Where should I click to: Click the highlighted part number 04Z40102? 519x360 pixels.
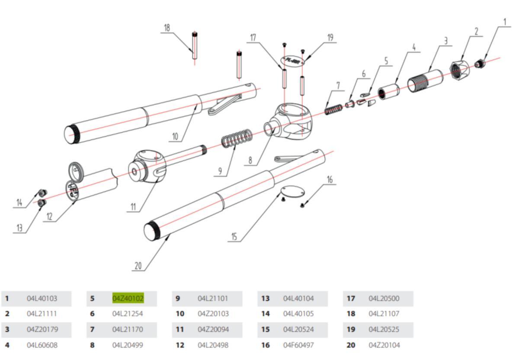click(128, 299)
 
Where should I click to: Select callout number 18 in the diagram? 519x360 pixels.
click(167, 28)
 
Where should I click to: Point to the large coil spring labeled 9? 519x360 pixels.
click(237, 140)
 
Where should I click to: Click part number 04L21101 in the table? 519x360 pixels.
click(213, 299)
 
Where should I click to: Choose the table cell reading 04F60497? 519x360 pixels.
click(298, 345)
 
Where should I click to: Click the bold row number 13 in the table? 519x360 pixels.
click(265, 299)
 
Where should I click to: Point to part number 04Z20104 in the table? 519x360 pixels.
click(384, 345)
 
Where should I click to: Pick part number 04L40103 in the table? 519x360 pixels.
click(42, 299)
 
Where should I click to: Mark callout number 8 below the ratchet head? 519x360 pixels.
click(250, 160)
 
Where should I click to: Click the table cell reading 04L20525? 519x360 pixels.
click(384, 330)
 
